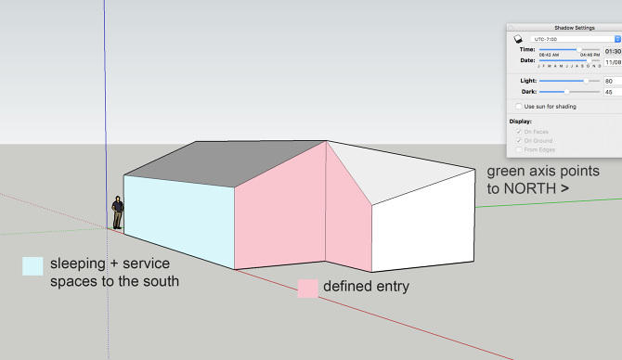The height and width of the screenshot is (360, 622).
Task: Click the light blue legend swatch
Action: point(32,266)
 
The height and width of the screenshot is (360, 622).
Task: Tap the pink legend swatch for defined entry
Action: point(308,289)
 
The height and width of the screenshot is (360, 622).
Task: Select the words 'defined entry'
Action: point(366,287)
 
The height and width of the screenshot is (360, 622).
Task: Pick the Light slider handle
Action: point(586,81)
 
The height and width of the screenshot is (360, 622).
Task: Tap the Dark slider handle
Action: point(566,92)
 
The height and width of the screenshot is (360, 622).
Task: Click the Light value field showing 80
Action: point(613,81)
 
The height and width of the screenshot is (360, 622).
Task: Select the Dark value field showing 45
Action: point(613,92)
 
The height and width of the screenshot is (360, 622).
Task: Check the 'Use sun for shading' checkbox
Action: point(518,107)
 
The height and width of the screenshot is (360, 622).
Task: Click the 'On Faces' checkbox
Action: point(518,132)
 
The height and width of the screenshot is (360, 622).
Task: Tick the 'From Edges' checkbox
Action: point(518,148)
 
